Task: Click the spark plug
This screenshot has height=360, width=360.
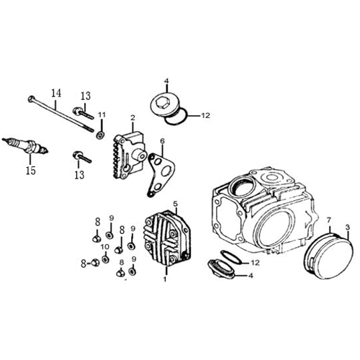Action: (25, 145)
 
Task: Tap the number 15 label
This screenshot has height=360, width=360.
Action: (31, 171)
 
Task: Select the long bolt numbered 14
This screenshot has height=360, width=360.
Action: (60, 114)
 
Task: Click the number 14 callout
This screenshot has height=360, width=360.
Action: (56, 93)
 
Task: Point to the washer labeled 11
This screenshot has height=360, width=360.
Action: (100, 135)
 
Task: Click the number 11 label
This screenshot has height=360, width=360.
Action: (102, 115)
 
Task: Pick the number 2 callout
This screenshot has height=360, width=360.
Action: (132, 118)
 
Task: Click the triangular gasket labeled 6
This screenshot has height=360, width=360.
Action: (161, 175)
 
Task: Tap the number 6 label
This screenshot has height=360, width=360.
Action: (163, 141)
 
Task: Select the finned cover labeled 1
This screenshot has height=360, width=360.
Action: (167, 238)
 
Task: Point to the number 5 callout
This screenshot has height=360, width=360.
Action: (176, 204)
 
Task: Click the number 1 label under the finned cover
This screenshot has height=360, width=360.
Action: (165, 279)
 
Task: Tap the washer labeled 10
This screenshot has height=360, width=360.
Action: (105, 259)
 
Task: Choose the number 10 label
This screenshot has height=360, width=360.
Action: (105, 247)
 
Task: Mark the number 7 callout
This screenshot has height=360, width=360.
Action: (329, 220)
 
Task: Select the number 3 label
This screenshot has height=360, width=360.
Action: (348, 227)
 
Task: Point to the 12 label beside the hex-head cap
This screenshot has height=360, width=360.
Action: (206, 115)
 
